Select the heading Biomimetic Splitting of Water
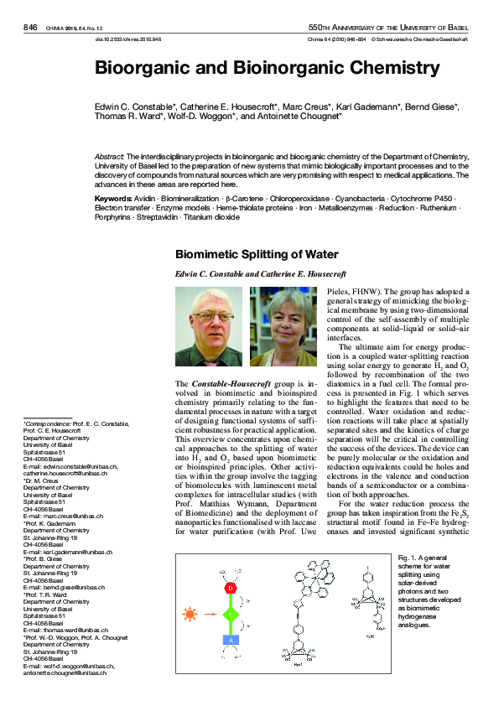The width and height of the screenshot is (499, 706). [256, 255]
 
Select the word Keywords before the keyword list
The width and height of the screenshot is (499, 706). [113, 198]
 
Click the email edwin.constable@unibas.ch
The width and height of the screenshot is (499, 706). [70, 466]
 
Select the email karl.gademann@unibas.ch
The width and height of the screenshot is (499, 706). [65, 553]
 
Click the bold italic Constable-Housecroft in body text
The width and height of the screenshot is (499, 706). [231, 383]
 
